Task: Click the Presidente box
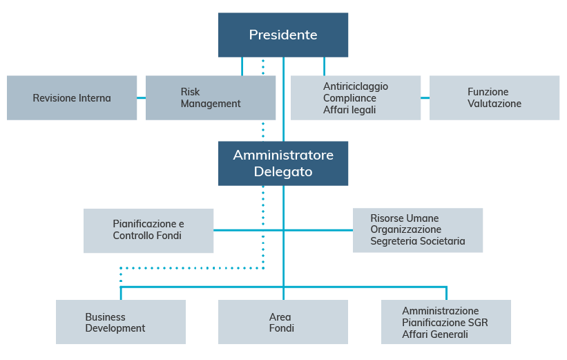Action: pos(283,35)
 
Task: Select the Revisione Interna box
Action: pos(72,98)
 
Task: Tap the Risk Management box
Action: pos(211,98)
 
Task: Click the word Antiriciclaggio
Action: pos(356,86)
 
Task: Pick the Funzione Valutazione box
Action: pos(494,98)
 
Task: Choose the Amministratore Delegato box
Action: pos(283,164)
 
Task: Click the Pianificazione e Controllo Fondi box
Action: pos(148,230)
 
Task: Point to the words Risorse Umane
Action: pos(405,218)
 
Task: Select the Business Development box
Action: pos(121,322)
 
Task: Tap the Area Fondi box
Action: pos(283,322)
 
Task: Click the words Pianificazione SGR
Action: pos(445,323)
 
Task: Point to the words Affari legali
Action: pos(349,110)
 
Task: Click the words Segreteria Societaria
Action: pos(418,241)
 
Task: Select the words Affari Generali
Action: pos(435,334)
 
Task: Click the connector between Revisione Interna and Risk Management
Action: pos(142,98)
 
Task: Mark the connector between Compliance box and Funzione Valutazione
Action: pos(425,98)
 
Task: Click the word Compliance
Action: pos(349,98)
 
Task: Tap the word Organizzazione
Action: pos(405,229)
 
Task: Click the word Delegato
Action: pos(283,172)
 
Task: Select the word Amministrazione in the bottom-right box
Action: pos(441,311)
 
